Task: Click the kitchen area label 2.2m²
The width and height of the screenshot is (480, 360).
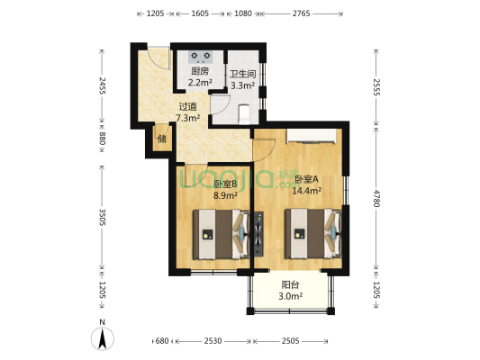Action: [x=200, y=82]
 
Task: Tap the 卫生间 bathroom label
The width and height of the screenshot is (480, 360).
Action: [x=243, y=75]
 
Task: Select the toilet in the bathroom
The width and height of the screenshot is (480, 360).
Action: [x=244, y=114]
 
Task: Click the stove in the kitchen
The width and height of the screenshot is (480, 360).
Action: [x=201, y=57]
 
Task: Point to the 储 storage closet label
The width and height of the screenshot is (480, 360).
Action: [x=162, y=139]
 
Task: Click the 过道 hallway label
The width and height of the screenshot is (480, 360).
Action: [x=188, y=107]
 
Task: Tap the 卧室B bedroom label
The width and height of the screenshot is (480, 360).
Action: [x=225, y=184]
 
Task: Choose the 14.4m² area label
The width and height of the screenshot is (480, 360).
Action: [x=307, y=191]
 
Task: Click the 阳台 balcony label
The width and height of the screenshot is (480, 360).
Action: [x=290, y=285]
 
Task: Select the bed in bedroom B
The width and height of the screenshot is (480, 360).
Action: [x=221, y=234]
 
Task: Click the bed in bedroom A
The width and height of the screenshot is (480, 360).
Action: [x=312, y=234]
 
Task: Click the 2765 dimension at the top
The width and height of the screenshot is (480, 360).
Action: [x=301, y=13]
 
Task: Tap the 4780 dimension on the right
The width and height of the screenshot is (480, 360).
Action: [x=376, y=198]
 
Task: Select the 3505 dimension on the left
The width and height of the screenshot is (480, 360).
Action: [x=103, y=217]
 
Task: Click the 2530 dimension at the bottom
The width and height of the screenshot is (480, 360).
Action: [x=213, y=341]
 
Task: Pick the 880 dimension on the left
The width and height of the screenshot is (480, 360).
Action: [x=103, y=139]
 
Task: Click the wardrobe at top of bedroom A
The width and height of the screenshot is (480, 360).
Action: [x=311, y=136]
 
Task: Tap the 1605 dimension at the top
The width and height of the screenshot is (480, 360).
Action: [x=200, y=13]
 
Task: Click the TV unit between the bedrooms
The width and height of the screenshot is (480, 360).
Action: [x=258, y=234]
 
